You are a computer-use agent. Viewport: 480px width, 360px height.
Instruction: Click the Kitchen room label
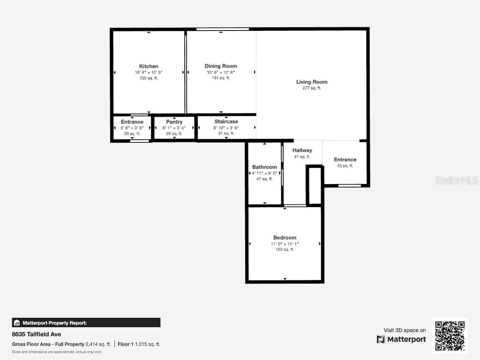[149, 66]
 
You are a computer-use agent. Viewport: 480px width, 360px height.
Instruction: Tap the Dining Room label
[220, 66]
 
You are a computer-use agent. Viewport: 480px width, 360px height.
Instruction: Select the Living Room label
[312, 82]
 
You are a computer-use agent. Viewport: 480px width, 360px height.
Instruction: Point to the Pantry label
[174, 122]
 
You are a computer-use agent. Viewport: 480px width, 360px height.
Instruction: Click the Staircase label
[226, 121]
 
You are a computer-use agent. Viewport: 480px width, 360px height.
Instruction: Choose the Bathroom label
[264, 167]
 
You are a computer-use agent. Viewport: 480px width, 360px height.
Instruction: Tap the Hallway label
[302, 150]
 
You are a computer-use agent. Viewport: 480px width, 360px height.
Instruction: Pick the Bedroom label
[285, 238]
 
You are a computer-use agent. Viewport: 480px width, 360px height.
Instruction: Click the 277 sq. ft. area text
[312, 88]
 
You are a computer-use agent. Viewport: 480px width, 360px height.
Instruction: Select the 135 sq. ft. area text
[149, 78]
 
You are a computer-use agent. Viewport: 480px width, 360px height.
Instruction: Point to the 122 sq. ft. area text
[285, 249]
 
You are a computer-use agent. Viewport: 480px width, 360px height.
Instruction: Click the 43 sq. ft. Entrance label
[345, 160]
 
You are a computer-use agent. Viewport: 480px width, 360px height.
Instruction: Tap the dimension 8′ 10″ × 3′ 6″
[226, 127]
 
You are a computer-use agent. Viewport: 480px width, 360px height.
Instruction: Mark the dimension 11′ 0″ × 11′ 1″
[285, 244]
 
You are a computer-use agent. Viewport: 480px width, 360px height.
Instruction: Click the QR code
[450, 336]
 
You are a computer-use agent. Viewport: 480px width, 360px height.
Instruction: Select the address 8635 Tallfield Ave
[37, 335]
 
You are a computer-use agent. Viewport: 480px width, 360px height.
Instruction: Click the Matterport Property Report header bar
[86, 322]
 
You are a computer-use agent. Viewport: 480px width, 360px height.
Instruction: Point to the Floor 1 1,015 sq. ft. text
[139, 344]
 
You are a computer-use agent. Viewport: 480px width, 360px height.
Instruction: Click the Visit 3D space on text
[405, 330]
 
